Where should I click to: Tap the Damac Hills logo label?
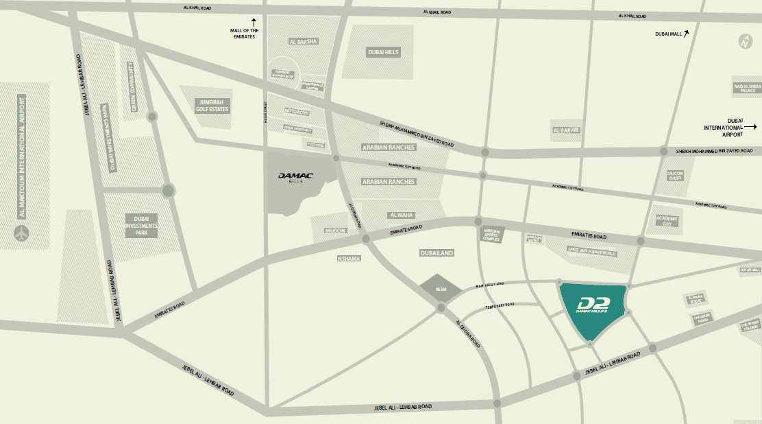click(x=295, y=177)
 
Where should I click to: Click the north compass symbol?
click(x=744, y=41)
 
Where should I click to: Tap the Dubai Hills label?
click(x=383, y=52)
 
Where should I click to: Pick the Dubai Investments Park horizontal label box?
click(x=141, y=224)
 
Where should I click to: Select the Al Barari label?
click(x=566, y=130)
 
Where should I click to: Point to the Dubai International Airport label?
click(x=722, y=127)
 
